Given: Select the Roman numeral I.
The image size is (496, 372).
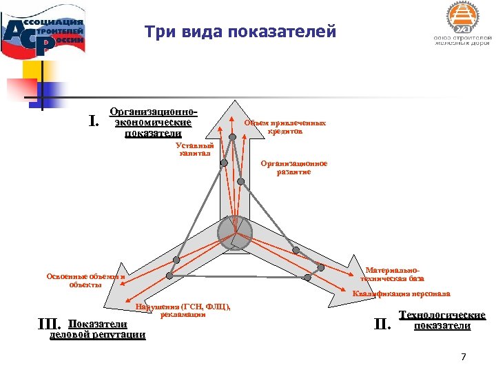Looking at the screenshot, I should (94, 121).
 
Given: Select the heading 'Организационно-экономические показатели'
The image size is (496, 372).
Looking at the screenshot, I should (154, 123).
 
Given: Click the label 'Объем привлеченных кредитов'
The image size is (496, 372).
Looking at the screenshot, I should (285, 126).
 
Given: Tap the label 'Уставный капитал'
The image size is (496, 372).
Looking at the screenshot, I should (194, 149).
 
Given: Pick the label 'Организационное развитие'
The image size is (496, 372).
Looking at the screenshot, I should (294, 168).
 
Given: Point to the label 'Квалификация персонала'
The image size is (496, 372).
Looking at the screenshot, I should (401, 294).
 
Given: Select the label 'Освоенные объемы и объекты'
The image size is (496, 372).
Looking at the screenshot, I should (85, 280).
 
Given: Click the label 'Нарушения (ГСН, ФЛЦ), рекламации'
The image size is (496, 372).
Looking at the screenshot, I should (183, 310).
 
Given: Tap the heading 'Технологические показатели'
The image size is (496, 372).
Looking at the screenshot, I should (442, 320).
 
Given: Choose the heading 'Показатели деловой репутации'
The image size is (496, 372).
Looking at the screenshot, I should (99, 329).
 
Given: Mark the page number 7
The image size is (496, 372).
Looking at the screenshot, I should (463, 357).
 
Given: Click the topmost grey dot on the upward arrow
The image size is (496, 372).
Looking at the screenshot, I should (233, 138).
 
